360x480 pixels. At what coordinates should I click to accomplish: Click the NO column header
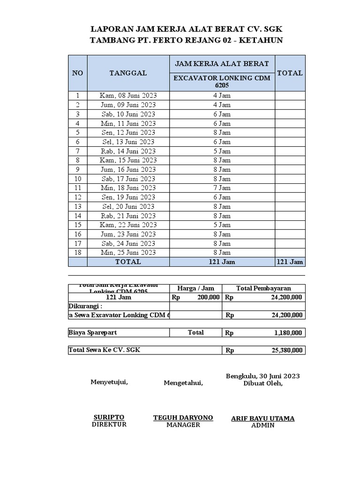(77, 73)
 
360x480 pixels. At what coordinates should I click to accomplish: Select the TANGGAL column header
(128, 73)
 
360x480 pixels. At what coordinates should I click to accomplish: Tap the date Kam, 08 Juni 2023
(128, 96)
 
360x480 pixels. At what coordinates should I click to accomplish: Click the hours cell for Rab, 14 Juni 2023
(222, 151)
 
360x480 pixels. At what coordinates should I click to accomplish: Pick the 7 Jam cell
(222, 188)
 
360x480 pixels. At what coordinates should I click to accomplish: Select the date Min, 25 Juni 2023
(128, 253)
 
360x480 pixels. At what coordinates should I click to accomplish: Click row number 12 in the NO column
(77, 197)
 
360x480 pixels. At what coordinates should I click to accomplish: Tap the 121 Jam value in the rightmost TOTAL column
(290, 262)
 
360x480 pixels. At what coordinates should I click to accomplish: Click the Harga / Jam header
(195, 288)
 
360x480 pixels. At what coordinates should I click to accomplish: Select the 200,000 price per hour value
(209, 297)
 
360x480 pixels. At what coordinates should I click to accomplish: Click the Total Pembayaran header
(263, 288)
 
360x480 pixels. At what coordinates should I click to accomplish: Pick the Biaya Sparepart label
(93, 332)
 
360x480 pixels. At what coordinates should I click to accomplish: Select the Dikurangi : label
(85, 306)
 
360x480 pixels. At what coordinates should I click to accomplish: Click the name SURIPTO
(109, 417)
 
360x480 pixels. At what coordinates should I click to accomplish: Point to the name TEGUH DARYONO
(183, 418)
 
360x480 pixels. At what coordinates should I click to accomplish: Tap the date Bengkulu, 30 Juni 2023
(263, 376)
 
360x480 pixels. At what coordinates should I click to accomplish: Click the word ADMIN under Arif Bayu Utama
(262, 426)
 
